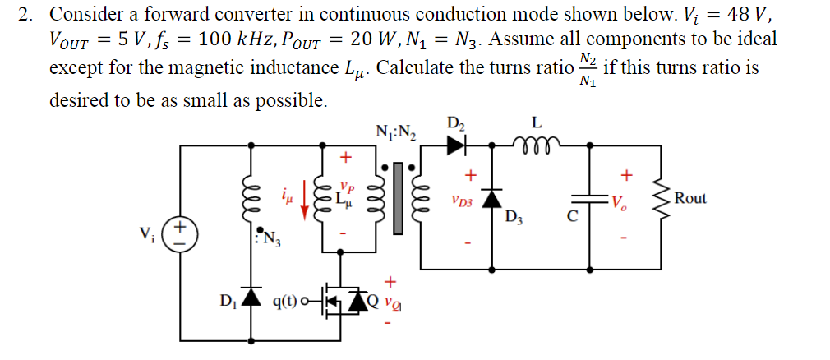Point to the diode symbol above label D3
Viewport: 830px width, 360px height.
tap(491, 197)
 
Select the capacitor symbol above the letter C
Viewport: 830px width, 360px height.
tap(588, 198)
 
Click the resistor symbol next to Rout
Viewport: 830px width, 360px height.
tap(657, 198)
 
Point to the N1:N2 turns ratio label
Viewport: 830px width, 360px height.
tap(396, 132)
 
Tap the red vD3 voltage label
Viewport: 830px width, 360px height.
tap(461, 200)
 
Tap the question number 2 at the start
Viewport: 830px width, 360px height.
tap(25, 14)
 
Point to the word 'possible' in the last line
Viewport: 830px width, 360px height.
tap(291, 100)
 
